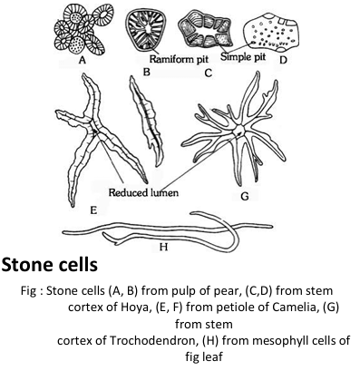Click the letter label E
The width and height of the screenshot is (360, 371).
click(x=71, y=207)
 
